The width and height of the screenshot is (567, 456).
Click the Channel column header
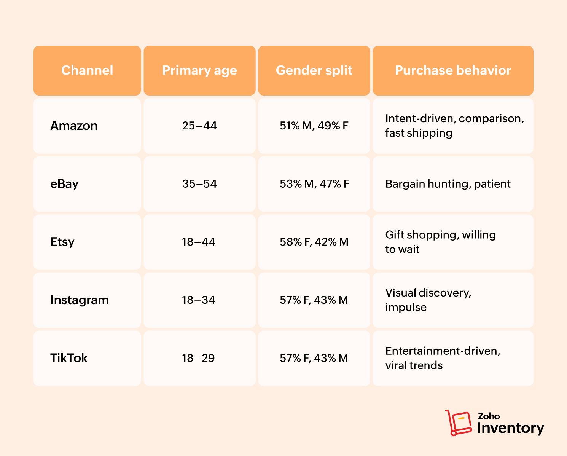[87, 70]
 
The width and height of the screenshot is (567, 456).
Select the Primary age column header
[199, 70]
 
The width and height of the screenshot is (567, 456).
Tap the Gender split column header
[314, 70]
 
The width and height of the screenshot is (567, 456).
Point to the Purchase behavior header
[453, 70]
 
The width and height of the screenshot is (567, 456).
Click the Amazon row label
[74, 126]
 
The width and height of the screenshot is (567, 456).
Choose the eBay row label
[64, 184]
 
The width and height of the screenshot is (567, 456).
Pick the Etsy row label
[62, 242]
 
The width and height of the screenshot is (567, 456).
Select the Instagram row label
[80, 300]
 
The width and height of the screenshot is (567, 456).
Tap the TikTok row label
[69, 358]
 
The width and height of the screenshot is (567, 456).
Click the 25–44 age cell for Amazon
[199, 126]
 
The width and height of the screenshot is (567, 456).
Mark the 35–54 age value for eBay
[199, 184]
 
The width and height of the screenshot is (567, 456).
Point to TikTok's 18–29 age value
[198, 358]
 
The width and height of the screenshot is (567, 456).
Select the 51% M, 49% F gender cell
[314, 126]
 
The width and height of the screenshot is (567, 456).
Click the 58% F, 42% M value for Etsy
[314, 242]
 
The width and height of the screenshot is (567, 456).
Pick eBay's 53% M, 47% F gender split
[314, 184]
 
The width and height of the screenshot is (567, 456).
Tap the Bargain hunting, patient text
[448, 184]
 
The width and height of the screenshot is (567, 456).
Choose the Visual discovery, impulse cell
[428, 300]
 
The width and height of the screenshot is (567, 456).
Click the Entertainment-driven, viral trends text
[443, 358]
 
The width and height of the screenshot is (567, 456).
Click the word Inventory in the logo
[510, 428]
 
